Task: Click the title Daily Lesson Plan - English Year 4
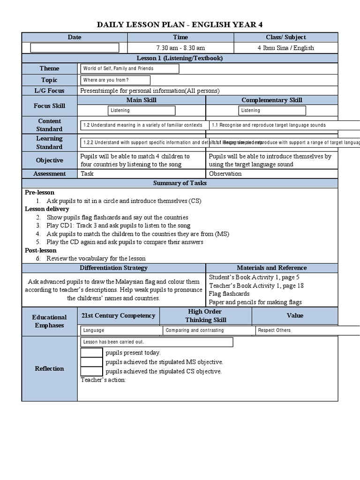tap(180, 25)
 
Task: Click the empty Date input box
tap(75, 48)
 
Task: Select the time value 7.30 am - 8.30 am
tap(180, 48)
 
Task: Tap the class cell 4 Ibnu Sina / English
tap(285, 48)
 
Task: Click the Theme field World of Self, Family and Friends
tap(129, 68)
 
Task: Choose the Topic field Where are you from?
tap(115, 80)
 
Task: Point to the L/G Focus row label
tap(49, 90)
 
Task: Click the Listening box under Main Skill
tap(142, 111)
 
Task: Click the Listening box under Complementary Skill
tap(272, 111)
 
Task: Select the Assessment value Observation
tap(225, 174)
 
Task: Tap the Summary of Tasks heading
tap(180, 183)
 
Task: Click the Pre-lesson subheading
tap(39, 192)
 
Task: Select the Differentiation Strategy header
tap(113, 268)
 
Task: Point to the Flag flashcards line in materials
tap(229, 293)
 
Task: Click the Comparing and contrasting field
tap(208, 330)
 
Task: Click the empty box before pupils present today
tap(91, 352)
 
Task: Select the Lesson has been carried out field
tap(157, 342)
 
